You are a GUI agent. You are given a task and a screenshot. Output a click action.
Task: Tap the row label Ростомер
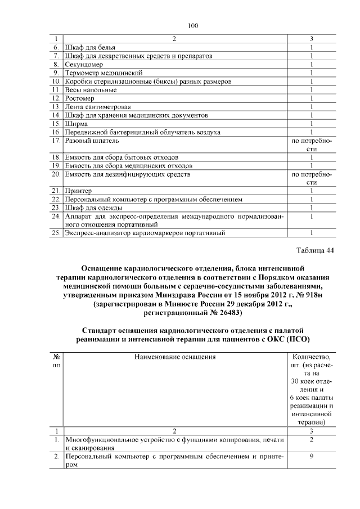pyautogui.click(x=82, y=98)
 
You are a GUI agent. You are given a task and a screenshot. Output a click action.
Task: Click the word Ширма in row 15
pyautogui.click(x=77, y=124)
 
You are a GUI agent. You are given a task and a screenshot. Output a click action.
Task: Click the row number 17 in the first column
pyautogui.click(x=55, y=141)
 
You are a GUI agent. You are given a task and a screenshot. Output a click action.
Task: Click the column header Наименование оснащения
pyautogui.click(x=175, y=357)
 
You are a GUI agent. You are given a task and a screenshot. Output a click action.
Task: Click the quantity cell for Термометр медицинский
pyautogui.click(x=310, y=73)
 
